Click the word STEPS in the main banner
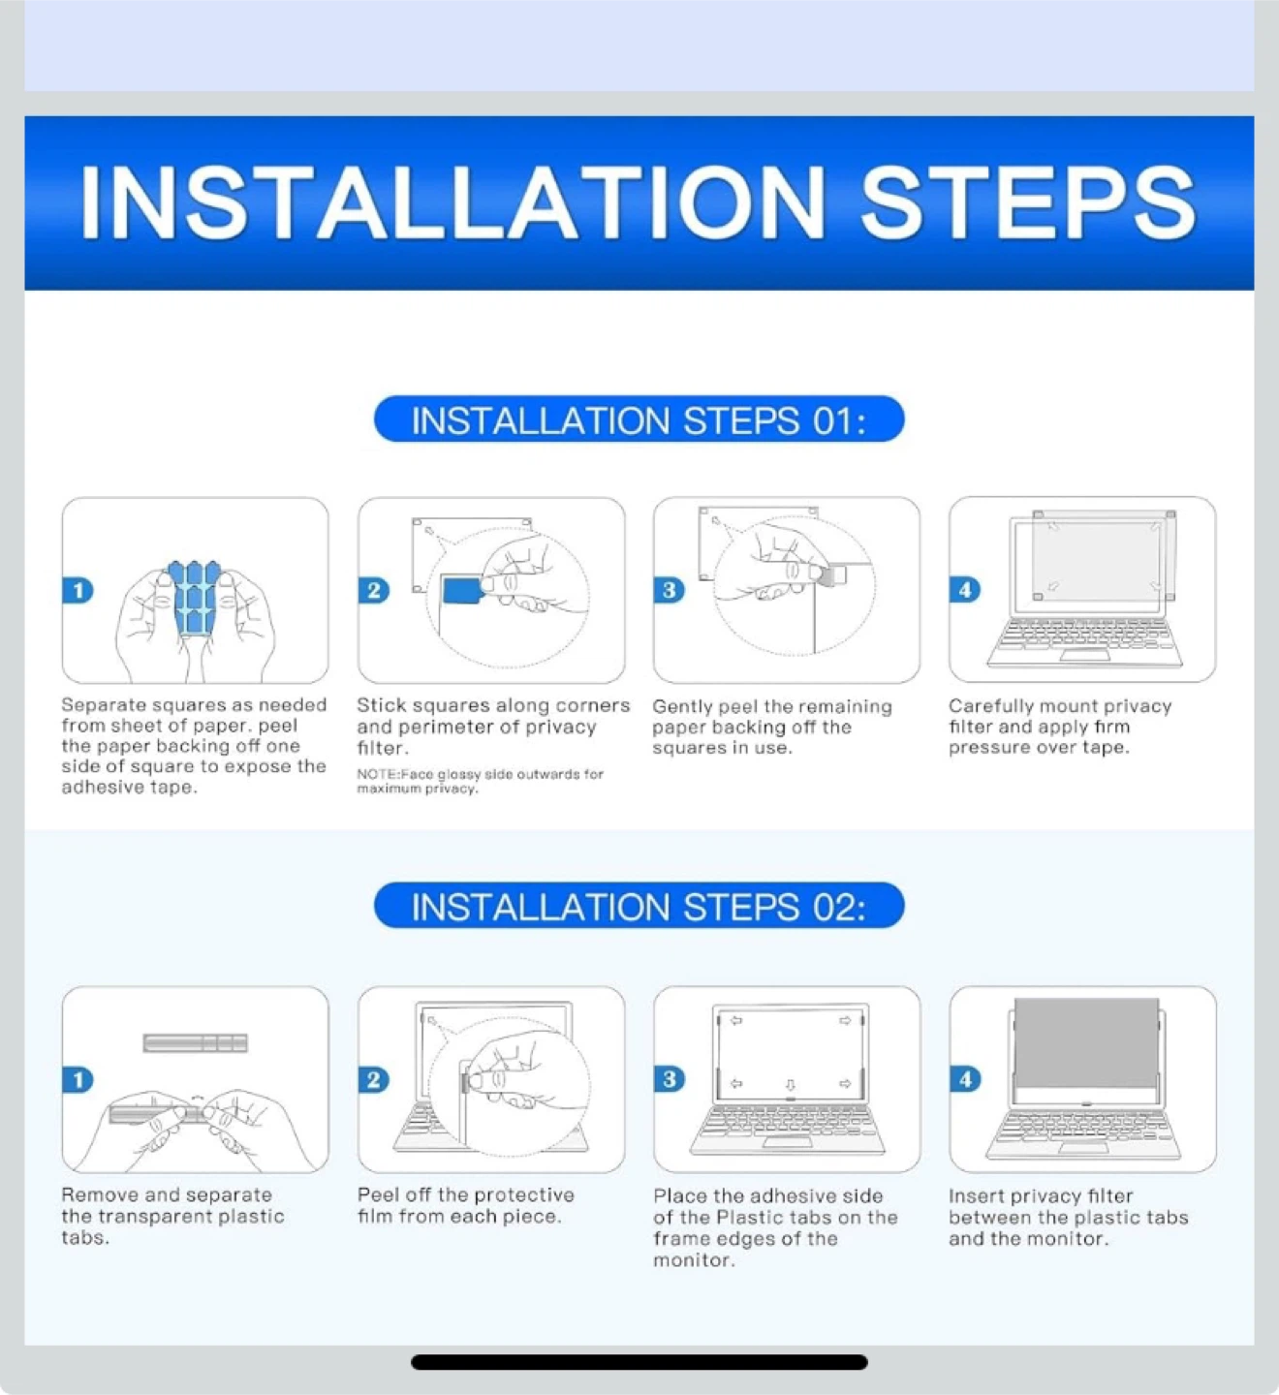click(1028, 203)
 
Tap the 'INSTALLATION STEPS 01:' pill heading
click(639, 418)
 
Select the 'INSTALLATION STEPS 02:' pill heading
click(639, 905)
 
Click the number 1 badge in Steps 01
click(78, 590)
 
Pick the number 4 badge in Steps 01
click(965, 590)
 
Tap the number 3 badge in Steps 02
click(670, 1079)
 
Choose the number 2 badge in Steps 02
click(374, 1080)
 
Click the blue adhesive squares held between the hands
click(194, 597)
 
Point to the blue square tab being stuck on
click(461, 590)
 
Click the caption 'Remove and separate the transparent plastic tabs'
click(172, 1217)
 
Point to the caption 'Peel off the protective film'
click(465, 1205)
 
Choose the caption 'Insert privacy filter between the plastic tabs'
click(1068, 1217)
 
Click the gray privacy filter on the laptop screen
click(1086, 1043)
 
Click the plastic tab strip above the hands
click(195, 1042)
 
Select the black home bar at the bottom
click(639, 1362)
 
